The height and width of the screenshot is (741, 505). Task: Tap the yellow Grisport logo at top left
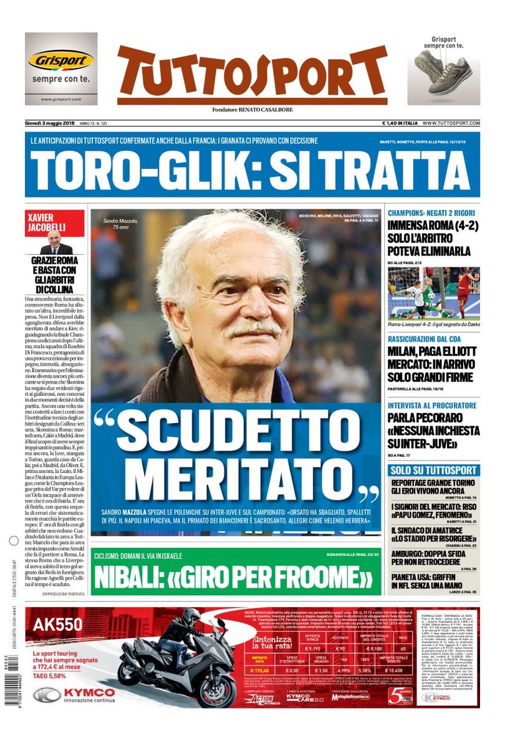click(x=60, y=60)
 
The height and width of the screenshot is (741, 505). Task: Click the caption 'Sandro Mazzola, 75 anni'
click(x=119, y=225)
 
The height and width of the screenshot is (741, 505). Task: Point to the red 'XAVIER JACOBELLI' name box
click(x=55, y=222)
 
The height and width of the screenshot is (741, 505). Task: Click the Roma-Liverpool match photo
click(x=433, y=293)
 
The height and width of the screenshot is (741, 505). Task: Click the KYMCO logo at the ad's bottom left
click(x=75, y=694)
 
